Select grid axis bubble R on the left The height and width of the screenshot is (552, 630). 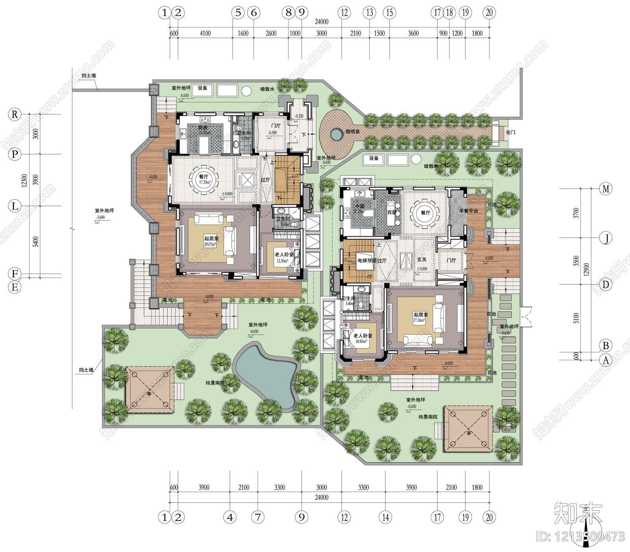(15, 115)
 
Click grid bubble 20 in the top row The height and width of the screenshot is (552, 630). (489, 13)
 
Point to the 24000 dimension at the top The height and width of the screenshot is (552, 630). (322, 22)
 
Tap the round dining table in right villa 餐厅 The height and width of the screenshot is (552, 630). (425, 213)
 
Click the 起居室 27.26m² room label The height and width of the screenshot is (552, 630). (421, 317)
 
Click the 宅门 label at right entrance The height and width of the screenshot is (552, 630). (510, 132)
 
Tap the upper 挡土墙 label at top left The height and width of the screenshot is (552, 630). (89, 76)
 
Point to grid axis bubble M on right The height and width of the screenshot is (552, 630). (606, 189)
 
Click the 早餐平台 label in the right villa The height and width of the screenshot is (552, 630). (469, 211)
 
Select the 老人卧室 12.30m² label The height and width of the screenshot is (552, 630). (284, 257)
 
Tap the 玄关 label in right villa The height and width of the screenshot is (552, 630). (422, 260)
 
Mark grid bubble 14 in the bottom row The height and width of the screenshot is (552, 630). (385, 517)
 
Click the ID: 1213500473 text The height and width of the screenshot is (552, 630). (580, 537)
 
